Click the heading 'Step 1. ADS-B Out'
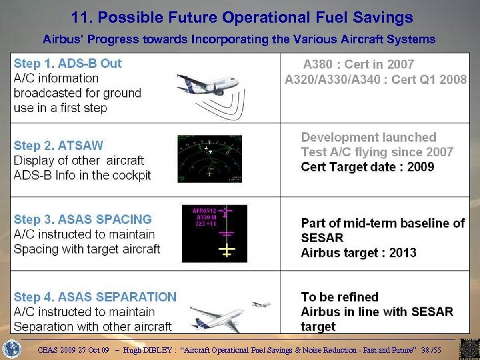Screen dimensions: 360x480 pos(68,64)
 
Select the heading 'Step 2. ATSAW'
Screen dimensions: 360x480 pos(59,145)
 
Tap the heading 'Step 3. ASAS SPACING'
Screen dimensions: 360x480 pos(83,219)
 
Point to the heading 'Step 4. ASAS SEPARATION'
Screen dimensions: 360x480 pos(95,297)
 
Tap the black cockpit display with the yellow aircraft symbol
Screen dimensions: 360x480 pos(214,233)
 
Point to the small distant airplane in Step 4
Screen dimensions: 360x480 pos(261,304)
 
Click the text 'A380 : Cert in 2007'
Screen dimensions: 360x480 pos(359,65)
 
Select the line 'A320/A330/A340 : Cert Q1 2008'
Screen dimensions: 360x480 pos(375,79)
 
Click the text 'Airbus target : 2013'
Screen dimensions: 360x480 pos(359,253)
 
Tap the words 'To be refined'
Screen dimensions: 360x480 pos(339,297)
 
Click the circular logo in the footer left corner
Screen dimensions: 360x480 pos(12,348)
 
